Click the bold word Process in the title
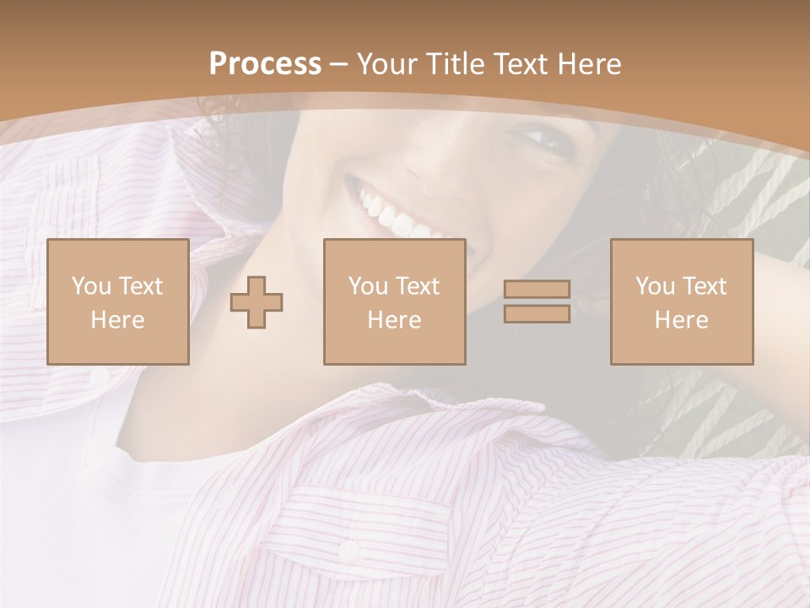tap(265, 64)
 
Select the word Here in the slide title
tap(588, 64)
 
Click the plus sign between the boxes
tap(257, 302)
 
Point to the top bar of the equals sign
tap(537, 290)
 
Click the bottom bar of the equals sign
tap(537, 314)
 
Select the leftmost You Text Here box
tap(118, 301)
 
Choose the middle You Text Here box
tap(395, 301)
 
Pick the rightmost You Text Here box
tap(682, 301)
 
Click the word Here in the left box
tap(118, 320)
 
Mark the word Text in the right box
tap(706, 286)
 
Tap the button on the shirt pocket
tap(348, 551)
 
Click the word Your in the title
tap(385, 64)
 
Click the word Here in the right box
tap(682, 320)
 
